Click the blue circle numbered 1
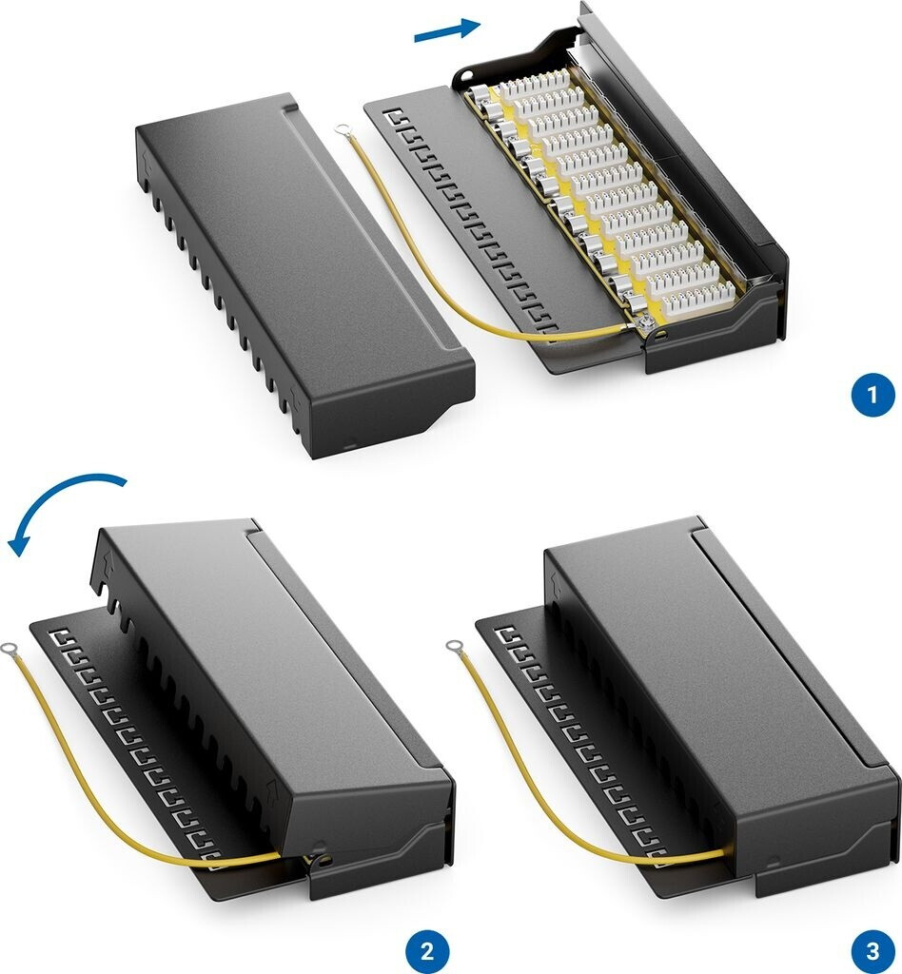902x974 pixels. pyautogui.click(x=873, y=395)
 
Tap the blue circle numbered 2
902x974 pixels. pyautogui.click(x=427, y=950)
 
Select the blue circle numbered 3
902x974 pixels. pyautogui.click(x=873, y=950)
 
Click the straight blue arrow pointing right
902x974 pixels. pyautogui.click(x=447, y=29)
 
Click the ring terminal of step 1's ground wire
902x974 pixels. pyautogui.click(x=341, y=129)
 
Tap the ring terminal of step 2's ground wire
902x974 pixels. pyautogui.click(x=10, y=649)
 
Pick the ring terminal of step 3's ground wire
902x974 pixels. pyautogui.click(x=454, y=647)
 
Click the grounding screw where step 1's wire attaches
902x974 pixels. pyautogui.click(x=646, y=323)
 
